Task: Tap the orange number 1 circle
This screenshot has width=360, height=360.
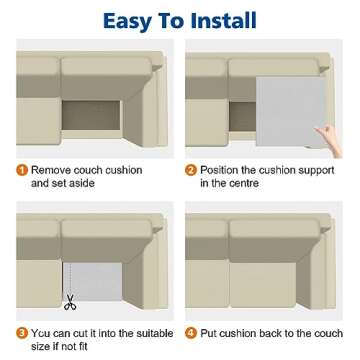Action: tap(22, 171)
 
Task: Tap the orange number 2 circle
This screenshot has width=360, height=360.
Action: tap(192, 171)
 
